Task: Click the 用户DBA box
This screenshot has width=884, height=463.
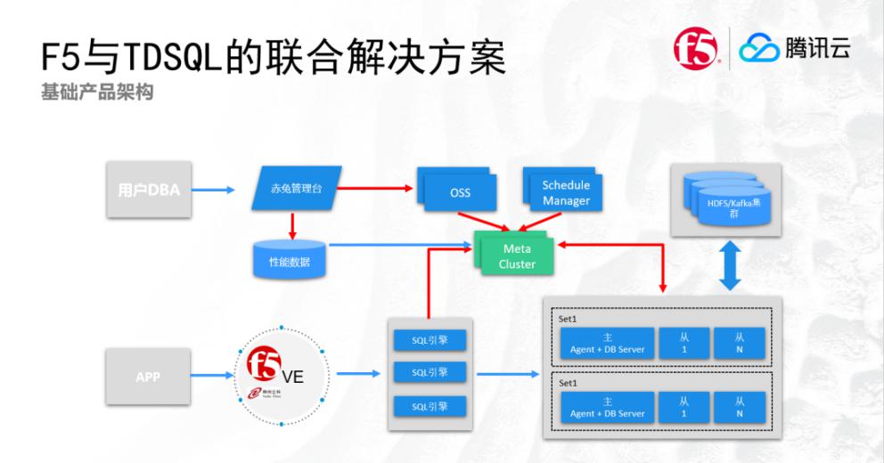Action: (149, 189)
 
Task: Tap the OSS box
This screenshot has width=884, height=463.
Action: (458, 191)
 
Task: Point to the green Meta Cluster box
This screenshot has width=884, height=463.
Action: (517, 256)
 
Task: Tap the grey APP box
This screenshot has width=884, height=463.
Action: (148, 377)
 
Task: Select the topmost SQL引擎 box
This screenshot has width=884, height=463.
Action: (430, 339)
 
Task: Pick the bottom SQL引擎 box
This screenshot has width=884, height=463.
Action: (430, 405)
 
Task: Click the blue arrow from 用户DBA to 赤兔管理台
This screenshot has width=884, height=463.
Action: (214, 189)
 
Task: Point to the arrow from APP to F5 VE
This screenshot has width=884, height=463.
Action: (213, 377)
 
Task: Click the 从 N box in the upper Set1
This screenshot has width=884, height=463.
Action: (740, 342)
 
